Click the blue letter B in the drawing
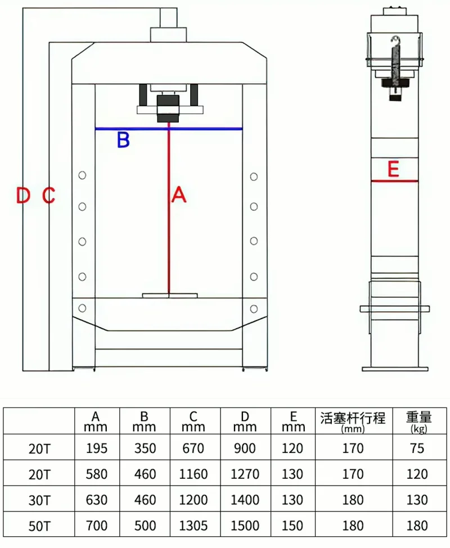point(123,140)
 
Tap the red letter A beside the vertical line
point(178,195)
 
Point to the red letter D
point(23,196)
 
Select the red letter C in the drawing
point(49,196)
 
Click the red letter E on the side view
point(394,169)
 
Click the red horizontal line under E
point(394,181)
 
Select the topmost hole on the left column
point(83,175)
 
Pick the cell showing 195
point(96,448)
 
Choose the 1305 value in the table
point(193,526)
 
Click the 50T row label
point(39,527)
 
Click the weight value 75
point(417,448)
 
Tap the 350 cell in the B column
point(145,448)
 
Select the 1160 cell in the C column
point(193,474)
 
